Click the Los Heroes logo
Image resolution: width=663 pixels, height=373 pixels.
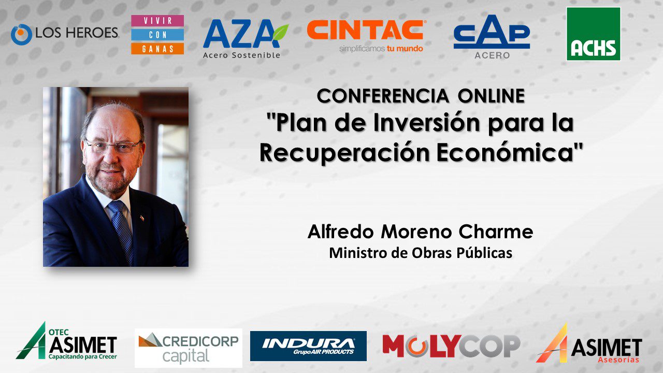65,34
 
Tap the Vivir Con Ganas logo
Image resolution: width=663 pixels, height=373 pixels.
157,35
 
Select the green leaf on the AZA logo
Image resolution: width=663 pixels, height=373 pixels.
281,32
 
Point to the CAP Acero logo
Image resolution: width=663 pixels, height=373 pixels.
492,37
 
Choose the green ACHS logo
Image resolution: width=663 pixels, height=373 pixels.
594,34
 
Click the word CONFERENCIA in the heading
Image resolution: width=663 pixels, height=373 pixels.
383,96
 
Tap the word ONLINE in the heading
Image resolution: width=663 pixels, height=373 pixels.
492,96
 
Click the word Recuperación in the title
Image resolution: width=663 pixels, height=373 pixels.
344,153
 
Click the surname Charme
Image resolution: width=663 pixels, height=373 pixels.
496,232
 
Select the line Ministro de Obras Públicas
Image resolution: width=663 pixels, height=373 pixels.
421,253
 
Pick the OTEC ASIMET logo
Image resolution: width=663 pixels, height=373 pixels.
67,341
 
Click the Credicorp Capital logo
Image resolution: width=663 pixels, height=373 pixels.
189,348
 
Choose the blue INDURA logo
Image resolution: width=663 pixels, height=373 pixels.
308,346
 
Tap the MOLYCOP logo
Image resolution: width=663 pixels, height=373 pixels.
451,346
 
